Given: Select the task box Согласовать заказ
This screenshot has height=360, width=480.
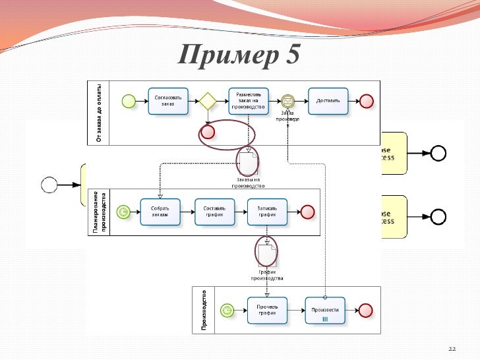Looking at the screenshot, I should coord(168,101).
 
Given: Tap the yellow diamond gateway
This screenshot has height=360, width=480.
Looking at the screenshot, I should coord(208,101).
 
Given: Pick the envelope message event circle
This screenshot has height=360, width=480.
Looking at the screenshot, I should coord(288,101).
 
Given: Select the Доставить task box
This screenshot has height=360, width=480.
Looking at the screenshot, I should coord(328,101).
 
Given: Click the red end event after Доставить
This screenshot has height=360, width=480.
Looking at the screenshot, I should coord(366,101).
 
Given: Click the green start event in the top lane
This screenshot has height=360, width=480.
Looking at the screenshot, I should coord(129,101).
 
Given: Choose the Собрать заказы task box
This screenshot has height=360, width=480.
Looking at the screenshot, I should coord(160,212).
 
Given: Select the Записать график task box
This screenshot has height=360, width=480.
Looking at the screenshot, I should coord(267,212).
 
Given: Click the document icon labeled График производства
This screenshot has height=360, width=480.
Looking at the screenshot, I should coord(266,254).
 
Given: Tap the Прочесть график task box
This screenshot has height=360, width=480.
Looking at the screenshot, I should coord(267,310).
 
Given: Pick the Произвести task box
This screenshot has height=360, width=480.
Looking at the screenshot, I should coord(325,310).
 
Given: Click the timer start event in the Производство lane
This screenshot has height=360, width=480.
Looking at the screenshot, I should coord(228,310).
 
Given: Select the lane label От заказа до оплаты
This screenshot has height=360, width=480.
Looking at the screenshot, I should coord(98,112).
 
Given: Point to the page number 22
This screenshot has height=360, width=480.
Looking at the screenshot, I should coord(452,348).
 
